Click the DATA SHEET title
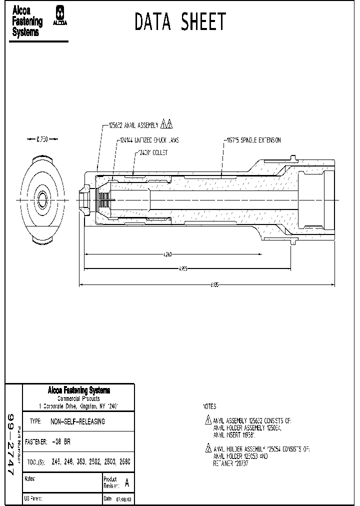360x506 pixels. tap(180, 22)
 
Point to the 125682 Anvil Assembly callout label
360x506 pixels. tap(133, 125)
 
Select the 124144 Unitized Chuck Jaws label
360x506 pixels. tap(149, 140)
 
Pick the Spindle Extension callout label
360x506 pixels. tap(252, 140)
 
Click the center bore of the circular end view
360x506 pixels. tap(41, 200)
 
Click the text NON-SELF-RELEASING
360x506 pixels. tap(78, 421)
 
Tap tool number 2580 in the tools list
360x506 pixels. tap(125, 462)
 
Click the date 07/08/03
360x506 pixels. tap(123, 499)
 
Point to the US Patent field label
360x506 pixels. tap(33, 499)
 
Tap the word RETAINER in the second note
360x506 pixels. tap(221, 463)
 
